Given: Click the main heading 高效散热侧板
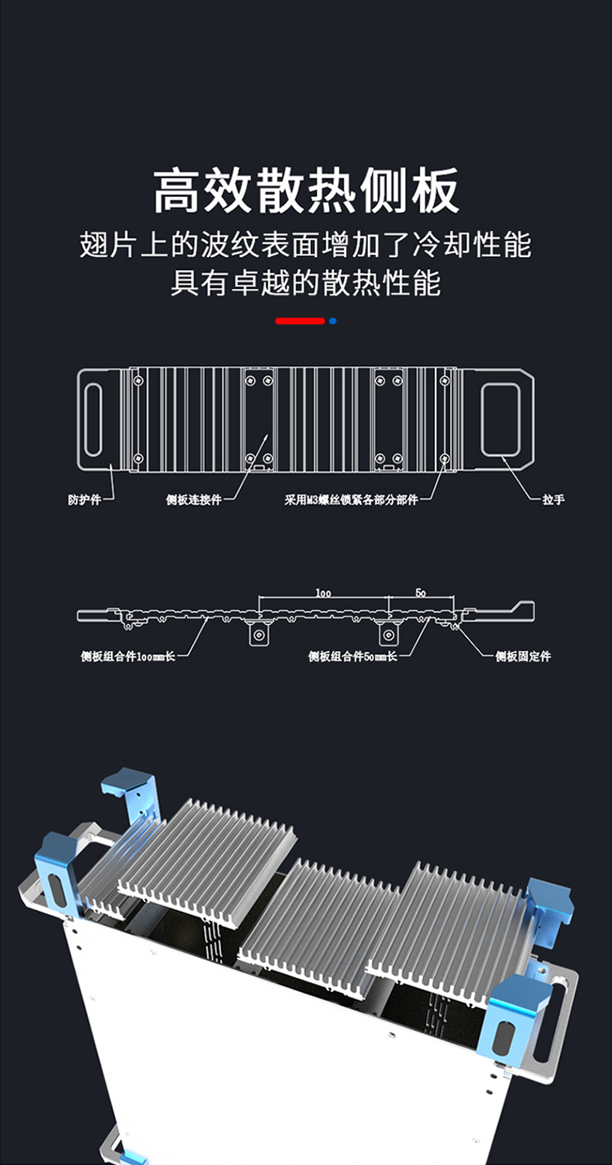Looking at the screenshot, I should pyautogui.click(x=306, y=191).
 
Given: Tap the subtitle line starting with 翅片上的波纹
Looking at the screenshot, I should pyautogui.click(x=306, y=245).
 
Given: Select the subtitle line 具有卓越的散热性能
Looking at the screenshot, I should pyautogui.click(x=306, y=283).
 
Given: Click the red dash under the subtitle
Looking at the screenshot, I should pyautogui.click(x=299, y=321).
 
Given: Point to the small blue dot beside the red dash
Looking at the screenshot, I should pyautogui.click(x=333, y=321).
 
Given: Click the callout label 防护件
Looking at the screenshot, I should pyautogui.click(x=84, y=499).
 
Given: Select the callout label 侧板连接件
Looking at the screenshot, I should pyautogui.click(x=193, y=499).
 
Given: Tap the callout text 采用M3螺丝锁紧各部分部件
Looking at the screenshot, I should pyautogui.click(x=351, y=499).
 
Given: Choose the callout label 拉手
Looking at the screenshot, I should pyautogui.click(x=552, y=499).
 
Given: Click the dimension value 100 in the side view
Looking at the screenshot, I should pyautogui.click(x=323, y=593).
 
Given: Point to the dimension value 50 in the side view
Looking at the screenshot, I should pyautogui.click(x=420, y=593).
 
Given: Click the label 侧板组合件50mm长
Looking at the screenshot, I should pyautogui.click(x=353, y=656).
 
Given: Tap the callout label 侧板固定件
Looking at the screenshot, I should pyautogui.click(x=523, y=656).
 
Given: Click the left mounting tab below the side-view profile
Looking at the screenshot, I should pyautogui.click(x=259, y=634).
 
